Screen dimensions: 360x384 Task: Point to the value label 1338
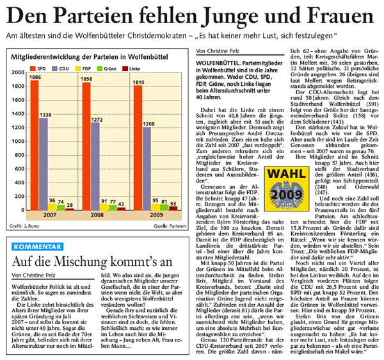coord(45,115)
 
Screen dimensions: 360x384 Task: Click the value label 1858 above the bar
coord(86,78)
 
